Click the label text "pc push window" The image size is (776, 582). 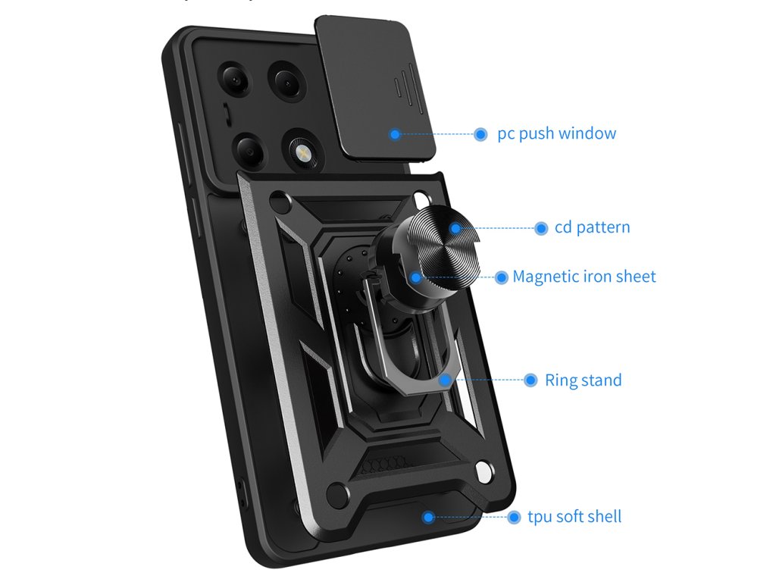[556, 134]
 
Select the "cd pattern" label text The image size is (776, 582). [592, 227]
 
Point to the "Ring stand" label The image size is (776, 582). [583, 380]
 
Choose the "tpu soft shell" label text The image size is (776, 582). [574, 517]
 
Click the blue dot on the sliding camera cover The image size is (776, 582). [395, 134]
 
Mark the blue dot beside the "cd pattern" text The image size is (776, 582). [541, 228]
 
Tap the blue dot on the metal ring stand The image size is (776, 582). [443, 380]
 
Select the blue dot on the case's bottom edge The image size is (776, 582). [428, 517]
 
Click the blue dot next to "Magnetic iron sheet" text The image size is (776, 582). [502, 277]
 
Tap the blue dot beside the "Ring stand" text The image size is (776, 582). [528, 380]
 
